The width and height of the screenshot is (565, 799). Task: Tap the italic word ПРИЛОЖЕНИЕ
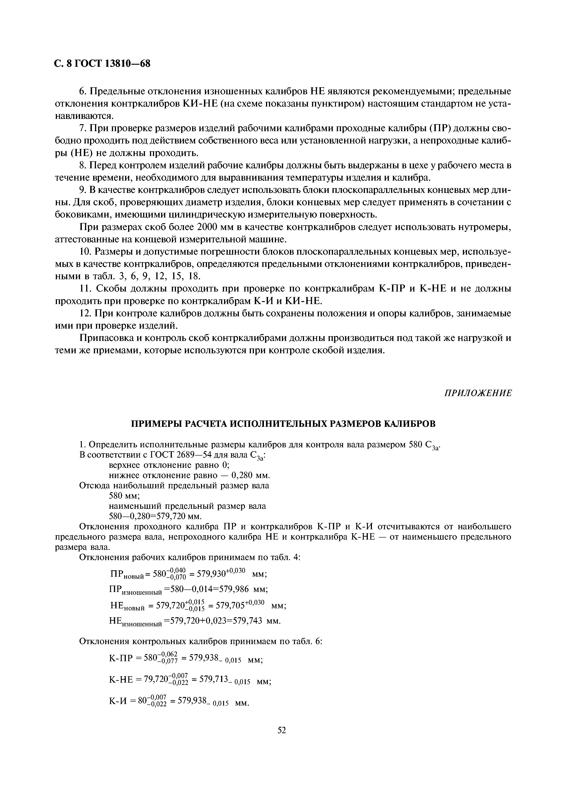[x=478, y=393]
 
